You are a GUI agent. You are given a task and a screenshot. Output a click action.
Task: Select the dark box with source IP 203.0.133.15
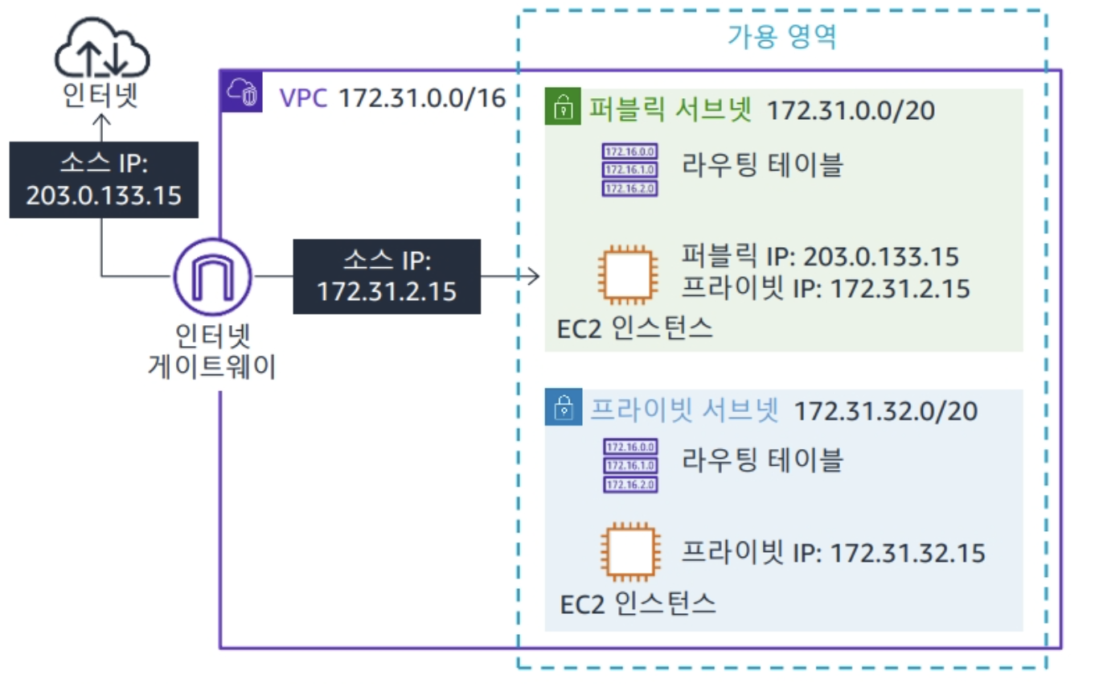pos(103,180)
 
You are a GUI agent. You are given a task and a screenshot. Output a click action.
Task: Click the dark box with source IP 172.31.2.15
pos(387,276)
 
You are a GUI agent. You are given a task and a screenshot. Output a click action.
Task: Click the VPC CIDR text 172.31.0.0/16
pos(422,98)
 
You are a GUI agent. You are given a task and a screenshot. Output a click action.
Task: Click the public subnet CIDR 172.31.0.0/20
pos(851,109)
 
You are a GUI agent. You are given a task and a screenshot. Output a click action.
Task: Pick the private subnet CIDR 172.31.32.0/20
pos(885,410)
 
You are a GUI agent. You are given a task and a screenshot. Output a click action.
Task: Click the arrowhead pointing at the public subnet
pos(533,277)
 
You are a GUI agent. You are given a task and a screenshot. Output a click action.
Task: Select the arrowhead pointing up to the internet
pos(101,120)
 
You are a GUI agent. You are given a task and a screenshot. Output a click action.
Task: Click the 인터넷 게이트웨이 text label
pos(212,351)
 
